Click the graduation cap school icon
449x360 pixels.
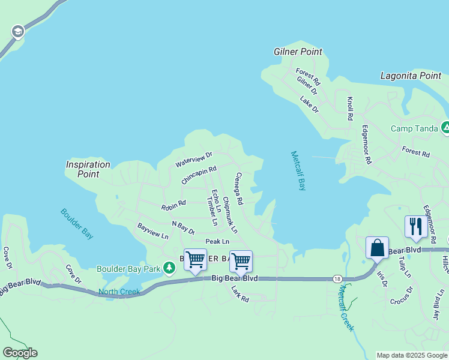(x=17, y=31)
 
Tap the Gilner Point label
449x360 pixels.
(x=298, y=52)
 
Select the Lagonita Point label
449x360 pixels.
(x=411, y=76)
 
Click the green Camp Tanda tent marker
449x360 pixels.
(x=445, y=127)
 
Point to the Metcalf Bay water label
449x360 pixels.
(x=298, y=170)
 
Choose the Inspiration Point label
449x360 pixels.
(x=88, y=169)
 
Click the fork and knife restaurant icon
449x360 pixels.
(x=415, y=226)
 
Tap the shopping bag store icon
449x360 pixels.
(x=377, y=247)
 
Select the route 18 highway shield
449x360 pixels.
(x=338, y=278)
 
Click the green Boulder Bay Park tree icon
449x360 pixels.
(x=170, y=266)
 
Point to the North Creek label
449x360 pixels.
(x=119, y=292)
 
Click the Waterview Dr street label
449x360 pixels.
(x=194, y=159)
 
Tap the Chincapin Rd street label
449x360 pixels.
(x=198, y=175)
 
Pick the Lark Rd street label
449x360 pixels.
(x=240, y=293)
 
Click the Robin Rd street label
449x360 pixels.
(x=173, y=206)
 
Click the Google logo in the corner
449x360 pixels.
(x=20, y=353)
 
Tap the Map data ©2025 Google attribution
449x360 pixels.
(x=412, y=355)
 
